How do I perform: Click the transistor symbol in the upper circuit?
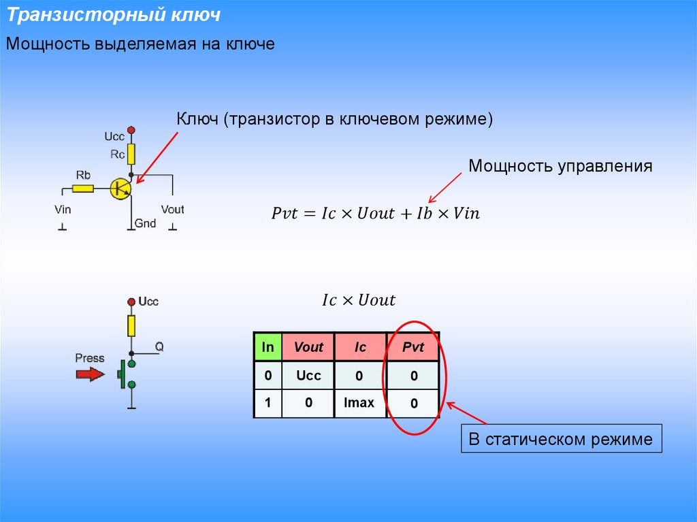pyautogui.click(x=120, y=189)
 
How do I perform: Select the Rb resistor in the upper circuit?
pyautogui.click(x=83, y=186)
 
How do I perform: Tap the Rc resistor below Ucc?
pyautogui.click(x=131, y=154)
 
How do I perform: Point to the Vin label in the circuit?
pyautogui.click(x=63, y=210)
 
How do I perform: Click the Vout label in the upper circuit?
pyautogui.click(x=172, y=210)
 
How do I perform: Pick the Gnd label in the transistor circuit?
pyautogui.click(x=145, y=223)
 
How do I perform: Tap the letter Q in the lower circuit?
pyautogui.click(x=159, y=346)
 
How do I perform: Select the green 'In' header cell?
pyautogui.click(x=268, y=347)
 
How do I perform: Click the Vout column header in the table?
pyautogui.click(x=308, y=347)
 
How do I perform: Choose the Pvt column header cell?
pyautogui.click(x=412, y=347)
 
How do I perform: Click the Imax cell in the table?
pyautogui.click(x=359, y=403)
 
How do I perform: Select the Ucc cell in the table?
pyautogui.click(x=308, y=375)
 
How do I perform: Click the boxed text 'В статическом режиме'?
pyautogui.click(x=561, y=439)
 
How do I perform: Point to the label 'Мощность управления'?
pyautogui.click(x=560, y=166)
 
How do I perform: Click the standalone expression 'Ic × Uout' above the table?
pyautogui.click(x=358, y=300)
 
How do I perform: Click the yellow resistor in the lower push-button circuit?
pyautogui.click(x=131, y=325)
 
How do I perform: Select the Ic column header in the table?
pyautogui.click(x=360, y=347)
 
